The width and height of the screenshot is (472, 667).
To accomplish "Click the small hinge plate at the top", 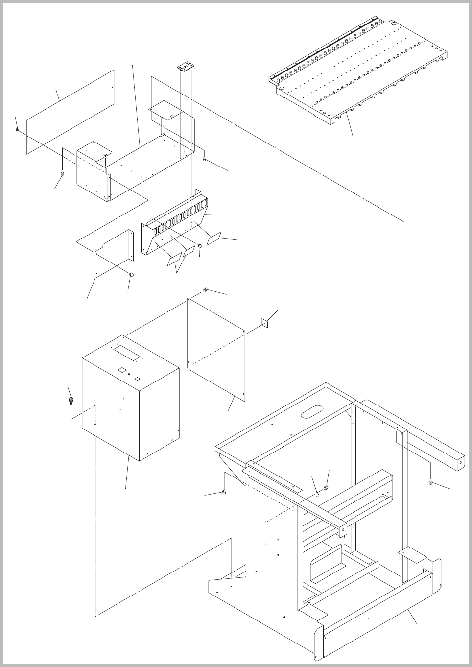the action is (x=184, y=67).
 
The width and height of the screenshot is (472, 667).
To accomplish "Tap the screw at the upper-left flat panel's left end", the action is (x=17, y=130).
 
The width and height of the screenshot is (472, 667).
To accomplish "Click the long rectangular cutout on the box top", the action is (x=127, y=351).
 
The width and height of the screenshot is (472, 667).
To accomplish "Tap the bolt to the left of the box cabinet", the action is (x=71, y=402).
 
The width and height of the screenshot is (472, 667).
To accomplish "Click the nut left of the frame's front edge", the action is (x=224, y=491).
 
